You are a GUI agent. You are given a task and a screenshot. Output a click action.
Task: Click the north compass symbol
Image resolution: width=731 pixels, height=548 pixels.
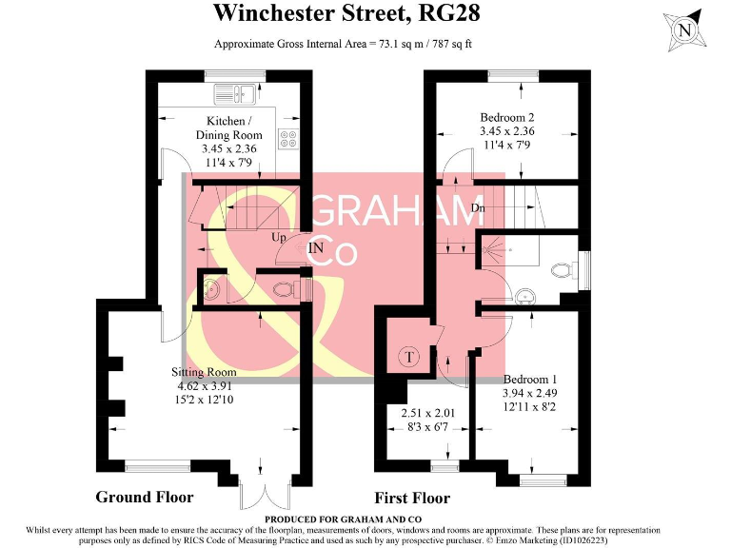pyautogui.click(x=683, y=29)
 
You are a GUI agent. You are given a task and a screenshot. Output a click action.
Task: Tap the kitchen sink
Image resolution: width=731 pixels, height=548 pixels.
pyautogui.click(x=232, y=93)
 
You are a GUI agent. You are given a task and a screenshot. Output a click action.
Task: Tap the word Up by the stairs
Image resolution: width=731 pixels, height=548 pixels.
pyautogui.click(x=279, y=237)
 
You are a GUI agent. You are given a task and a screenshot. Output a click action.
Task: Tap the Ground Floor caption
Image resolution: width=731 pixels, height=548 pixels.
pyautogui.click(x=145, y=498)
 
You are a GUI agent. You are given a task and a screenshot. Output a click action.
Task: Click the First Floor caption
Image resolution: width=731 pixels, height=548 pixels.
pyautogui.click(x=411, y=498)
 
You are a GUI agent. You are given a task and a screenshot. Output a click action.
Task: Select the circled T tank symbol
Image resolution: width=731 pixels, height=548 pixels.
pyautogui.click(x=409, y=357)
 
